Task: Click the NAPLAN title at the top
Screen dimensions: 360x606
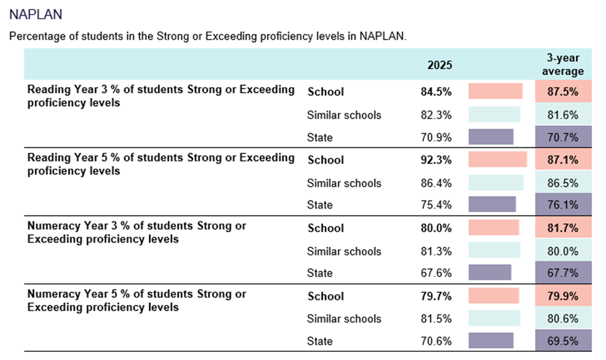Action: pyautogui.click(x=36, y=14)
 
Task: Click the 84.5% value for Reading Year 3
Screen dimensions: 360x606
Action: pyautogui.click(x=436, y=92)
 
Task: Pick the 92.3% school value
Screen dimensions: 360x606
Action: pyautogui.click(x=436, y=160)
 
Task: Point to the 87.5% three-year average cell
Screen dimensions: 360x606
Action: pyautogui.click(x=563, y=92)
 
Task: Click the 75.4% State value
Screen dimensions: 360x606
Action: pyautogui.click(x=436, y=205)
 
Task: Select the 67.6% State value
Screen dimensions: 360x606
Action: pyautogui.click(x=436, y=273)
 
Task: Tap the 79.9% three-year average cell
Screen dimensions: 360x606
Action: pyautogui.click(x=563, y=296)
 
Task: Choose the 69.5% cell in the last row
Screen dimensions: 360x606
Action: pyautogui.click(x=563, y=341)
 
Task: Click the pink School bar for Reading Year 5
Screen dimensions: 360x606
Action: pyautogui.click(x=497, y=160)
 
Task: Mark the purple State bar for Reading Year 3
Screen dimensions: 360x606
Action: pyautogui.click(x=490, y=138)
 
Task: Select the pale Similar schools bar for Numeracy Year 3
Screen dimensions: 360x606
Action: pyautogui.click(x=494, y=251)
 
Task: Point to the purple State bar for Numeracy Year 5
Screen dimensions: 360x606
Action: pyautogui.click(x=490, y=341)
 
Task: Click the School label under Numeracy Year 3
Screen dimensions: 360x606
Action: pyautogui.click(x=326, y=228)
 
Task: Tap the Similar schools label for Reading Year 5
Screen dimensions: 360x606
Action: pyautogui.click(x=344, y=183)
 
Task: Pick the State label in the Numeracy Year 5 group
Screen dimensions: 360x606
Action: pyautogui.click(x=320, y=341)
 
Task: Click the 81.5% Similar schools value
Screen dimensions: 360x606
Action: pyautogui.click(x=436, y=319)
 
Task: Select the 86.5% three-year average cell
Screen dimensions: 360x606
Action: pyautogui.click(x=563, y=183)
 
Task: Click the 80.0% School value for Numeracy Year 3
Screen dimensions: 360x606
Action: pyautogui.click(x=436, y=228)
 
